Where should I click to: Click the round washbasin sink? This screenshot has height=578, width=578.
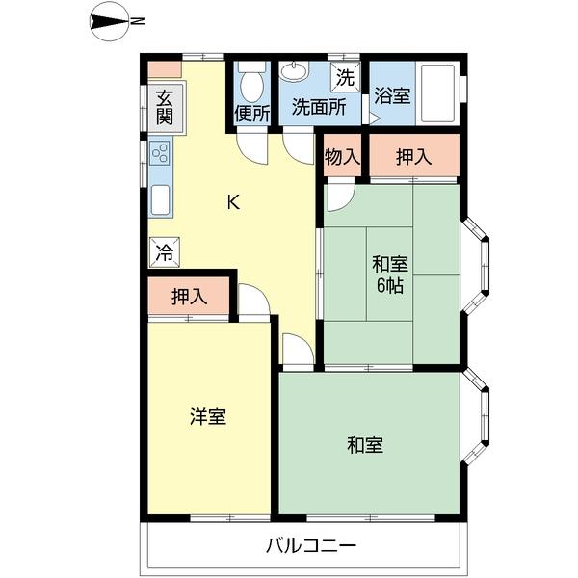coord(291,72)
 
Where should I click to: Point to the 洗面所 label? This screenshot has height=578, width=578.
coord(319,107)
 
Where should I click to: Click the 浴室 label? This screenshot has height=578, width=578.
coord(393,97)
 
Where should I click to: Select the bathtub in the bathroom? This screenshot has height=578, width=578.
coord(438,93)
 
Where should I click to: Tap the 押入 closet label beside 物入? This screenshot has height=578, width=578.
coord(413,156)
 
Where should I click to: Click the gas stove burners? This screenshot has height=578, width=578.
coord(160,153)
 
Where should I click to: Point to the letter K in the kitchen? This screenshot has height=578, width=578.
coord(233,202)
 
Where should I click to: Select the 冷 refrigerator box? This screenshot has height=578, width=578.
coord(164,253)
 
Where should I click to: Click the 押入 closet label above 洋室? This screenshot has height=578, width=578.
coord(190,297)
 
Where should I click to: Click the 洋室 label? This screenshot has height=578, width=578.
coord(207,417)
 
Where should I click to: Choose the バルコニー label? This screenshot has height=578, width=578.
coord(311,546)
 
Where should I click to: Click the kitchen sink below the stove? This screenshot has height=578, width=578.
coord(160,199)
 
